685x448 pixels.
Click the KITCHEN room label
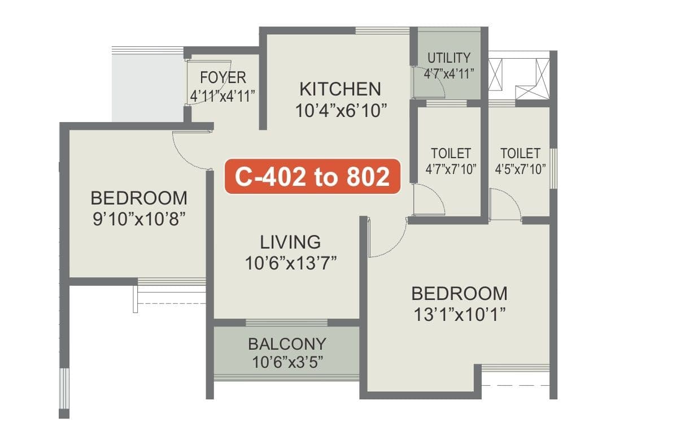340,89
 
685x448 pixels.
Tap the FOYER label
223,77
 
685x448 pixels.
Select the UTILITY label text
449,58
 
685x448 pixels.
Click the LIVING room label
290,242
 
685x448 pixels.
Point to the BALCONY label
287,343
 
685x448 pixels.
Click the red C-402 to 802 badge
312,177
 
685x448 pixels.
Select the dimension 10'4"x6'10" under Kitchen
341,110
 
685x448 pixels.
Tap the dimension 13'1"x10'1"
459,313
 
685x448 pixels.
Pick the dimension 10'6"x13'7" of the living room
291,262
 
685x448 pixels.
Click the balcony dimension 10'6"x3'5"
287,360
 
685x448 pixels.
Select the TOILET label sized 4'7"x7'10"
451,153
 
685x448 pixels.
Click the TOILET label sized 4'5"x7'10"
520,153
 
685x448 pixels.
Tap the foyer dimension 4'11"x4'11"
223,94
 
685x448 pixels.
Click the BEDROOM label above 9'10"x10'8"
139,198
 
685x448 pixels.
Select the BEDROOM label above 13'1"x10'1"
459,294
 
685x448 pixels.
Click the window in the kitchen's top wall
383,31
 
